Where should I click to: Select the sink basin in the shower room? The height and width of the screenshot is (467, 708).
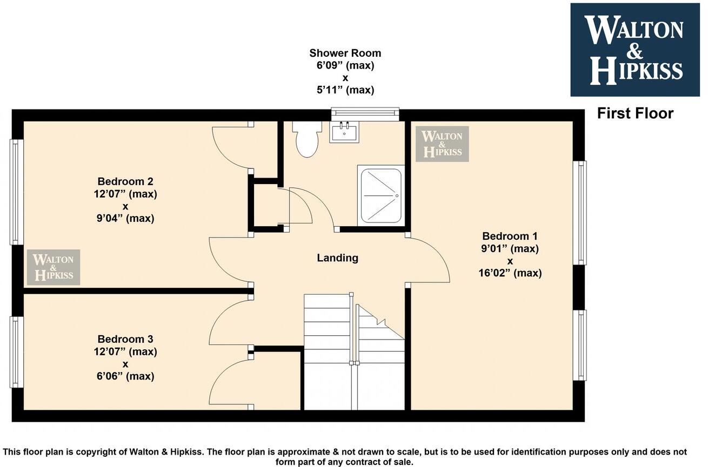(x=344, y=132)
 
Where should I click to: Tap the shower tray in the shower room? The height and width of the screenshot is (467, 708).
(x=382, y=195)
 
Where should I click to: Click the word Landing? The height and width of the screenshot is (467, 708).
(x=337, y=258)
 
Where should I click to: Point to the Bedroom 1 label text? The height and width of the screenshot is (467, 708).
(x=510, y=236)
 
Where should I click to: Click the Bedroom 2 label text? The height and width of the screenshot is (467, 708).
(x=125, y=181)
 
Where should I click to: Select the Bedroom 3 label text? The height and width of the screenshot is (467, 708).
(x=125, y=339)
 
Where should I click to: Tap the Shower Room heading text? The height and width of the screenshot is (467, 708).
(x=345, y=53)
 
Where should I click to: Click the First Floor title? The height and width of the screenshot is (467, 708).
(x=635, y=113)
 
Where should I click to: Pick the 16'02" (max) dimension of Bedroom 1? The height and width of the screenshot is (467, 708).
(x=510, y=273)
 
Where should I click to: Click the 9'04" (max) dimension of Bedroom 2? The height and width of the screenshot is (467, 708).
(x=125, y=219)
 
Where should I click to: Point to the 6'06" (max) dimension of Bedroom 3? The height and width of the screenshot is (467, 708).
(x=125, y=376)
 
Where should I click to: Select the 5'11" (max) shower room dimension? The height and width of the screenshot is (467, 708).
(x=345, y=90)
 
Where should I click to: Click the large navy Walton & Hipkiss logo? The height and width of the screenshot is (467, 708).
(x=634, y=50)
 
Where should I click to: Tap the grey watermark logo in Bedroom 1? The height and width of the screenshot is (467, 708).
(x=442, y=144)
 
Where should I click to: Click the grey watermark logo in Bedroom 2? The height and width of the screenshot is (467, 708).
(x=54, y=267)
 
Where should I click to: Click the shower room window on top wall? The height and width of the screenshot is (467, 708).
(x=365, y=112)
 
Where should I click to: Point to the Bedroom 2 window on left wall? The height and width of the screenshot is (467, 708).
(x=17, y=192)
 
